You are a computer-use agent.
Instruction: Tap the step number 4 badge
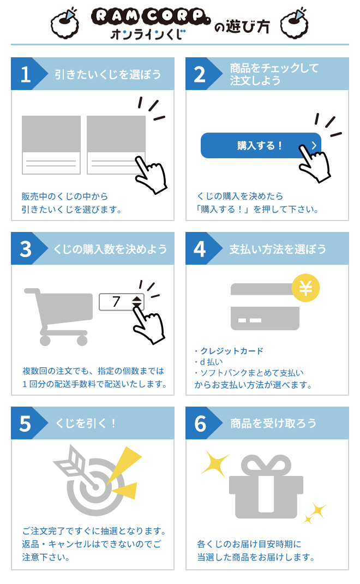point(200,248)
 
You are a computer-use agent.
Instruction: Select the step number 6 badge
point(200,423)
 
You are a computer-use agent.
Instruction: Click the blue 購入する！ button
point(261,146)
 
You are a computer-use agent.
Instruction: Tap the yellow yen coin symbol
point(305,288)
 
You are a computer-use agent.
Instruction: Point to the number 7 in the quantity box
point(116,301)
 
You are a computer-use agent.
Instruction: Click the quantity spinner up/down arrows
point(137,302)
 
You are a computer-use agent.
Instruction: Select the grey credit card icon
point(265,307)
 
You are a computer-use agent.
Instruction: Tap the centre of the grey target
point(95,487)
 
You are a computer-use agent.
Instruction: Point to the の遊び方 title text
point(242,26)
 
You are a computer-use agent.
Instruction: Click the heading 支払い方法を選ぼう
point(278,249)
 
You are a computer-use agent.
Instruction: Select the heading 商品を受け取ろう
point(273,424)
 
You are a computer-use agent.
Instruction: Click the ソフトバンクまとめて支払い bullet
point(252,373)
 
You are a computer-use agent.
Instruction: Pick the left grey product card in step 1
point(51,145)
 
